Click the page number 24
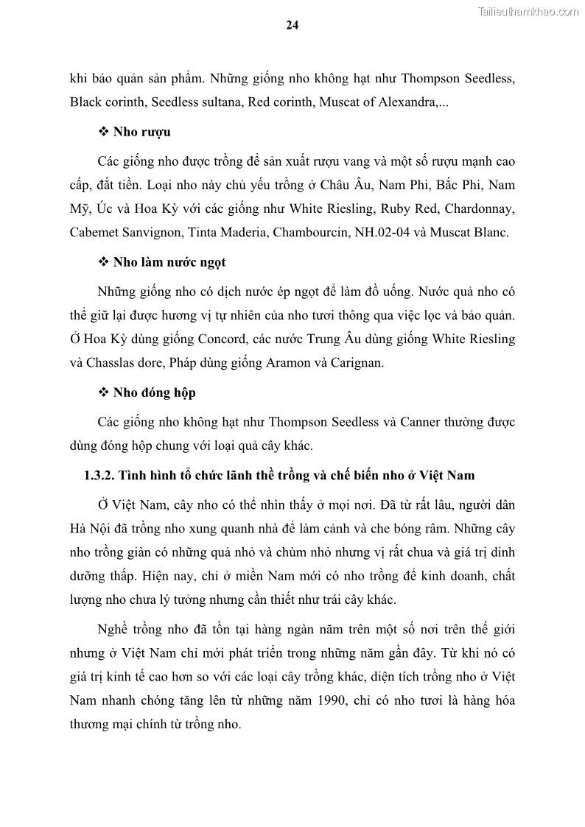pyautogui.click(x=292, y=25)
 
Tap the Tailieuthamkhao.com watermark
pyautogui.click(x=529, y=11)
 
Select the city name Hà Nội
pyautogui.click(x=88, y=528)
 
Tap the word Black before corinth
pyautogui.click(x=85, y=102)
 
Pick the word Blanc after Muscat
pyautogui.click(x=490, y=233)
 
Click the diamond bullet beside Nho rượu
pyautogui.click(x=103, y=132)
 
